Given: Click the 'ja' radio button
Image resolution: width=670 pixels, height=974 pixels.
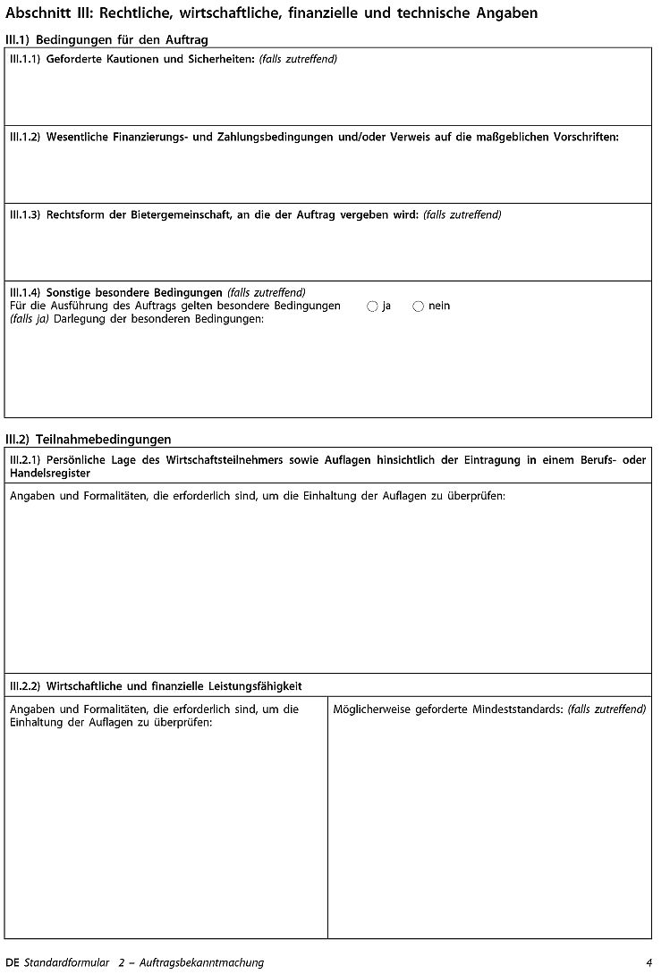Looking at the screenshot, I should tap(372, 306).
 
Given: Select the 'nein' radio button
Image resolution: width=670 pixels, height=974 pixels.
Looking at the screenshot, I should tap(418, 306).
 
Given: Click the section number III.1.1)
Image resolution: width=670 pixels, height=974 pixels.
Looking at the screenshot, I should tap(25, 60).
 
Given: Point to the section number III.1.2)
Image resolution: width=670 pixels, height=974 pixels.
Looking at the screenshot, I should tap(25, 138).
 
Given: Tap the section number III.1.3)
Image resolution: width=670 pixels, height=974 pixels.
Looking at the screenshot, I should tap(25, 215).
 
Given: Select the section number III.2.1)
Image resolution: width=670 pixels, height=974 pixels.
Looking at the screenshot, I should tap(25, 460).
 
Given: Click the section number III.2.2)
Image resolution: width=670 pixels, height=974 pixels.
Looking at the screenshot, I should tap(25, 686).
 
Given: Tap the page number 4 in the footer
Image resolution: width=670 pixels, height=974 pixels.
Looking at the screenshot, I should tap(649, 962).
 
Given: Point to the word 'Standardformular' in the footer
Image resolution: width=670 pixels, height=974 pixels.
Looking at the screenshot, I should tap(66, 962).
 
